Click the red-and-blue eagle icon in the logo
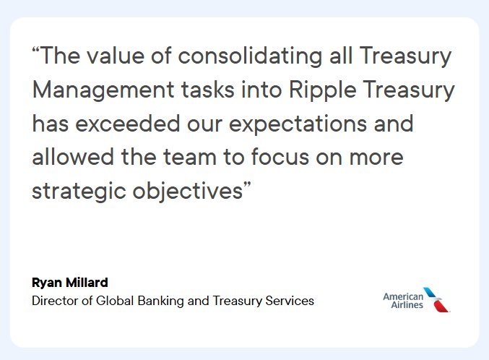point(438,299)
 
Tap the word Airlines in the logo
point(403,306)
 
